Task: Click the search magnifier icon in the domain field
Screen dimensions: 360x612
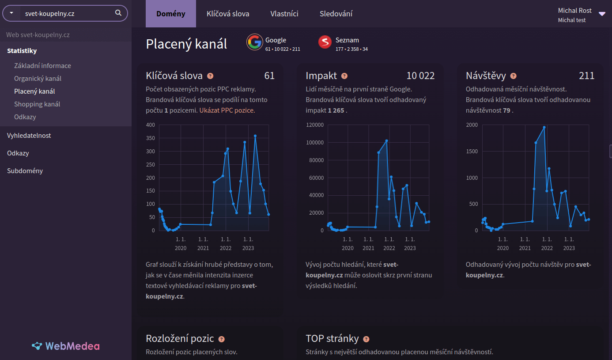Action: click(x=118, y=13)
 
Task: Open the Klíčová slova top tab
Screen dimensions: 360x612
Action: click(x=228, y=14)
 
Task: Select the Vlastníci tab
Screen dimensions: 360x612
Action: click(x=284, y=14)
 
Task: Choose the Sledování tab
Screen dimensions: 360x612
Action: click(x=336, y=14)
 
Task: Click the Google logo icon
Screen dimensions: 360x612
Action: click(x=254, y=42)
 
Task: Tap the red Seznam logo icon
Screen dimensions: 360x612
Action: click(x=325, y=42)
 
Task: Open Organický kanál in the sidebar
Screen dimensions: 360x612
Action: click(x=38, y=79)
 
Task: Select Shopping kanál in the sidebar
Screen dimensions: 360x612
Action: click(x=37, y=104)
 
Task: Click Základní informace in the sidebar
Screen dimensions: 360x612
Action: click(x=42, y=66)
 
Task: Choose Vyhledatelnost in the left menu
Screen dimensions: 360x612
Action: click(x=29, y=136)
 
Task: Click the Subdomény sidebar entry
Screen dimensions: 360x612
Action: click(x=25, y=171)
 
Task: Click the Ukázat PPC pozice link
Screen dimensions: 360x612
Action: click(x=227, y=110)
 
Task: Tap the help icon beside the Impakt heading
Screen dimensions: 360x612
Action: click(x=344, y=76)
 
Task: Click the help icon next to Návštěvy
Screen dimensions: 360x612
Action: click(x=513, y=76)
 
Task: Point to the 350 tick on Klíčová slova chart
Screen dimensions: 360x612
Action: click(x=151, y=138)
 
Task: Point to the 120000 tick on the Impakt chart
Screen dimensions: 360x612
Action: click(x=314, y=125)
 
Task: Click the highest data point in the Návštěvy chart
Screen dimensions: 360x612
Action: click(x=544, y=127)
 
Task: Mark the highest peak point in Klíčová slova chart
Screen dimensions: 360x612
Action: click(x=255, y=136)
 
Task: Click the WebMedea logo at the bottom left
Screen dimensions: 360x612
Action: click(x=66, y=346)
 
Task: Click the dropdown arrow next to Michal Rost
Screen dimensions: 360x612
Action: click(x=602, y=14)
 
